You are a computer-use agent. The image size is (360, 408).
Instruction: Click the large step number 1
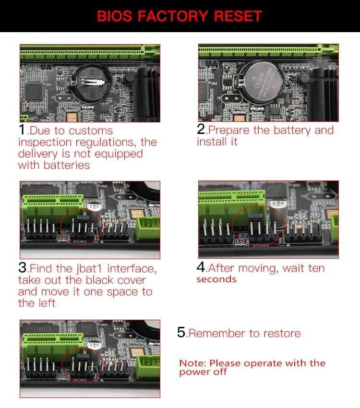tap(22, 130)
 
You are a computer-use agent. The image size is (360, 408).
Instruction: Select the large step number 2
tap(201, 130)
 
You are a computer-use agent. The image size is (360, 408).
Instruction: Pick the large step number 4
tap(201, 267)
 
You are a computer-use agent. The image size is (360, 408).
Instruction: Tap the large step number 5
tap(181, 333)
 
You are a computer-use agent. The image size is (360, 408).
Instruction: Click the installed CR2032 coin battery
tap(262, 82)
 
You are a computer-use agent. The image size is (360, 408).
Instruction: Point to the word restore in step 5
tap(280, 334)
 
